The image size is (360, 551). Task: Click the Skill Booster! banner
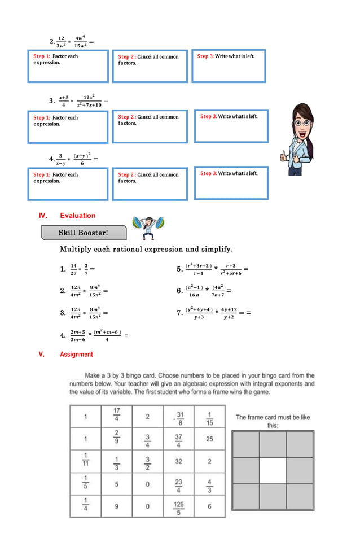click(x=84, y=233)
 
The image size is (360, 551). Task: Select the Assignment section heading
click(x=76, y=355)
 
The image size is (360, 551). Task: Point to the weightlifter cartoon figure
click(x=148, y=229)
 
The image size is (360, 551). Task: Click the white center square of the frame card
click(x=273, y=470)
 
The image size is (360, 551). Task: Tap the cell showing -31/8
click(x=178, y=417)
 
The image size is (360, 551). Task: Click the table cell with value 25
click(x=209, y=439)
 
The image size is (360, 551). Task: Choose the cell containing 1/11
click(x=85, y=461)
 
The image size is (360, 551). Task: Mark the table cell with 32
click(x=178, y=461)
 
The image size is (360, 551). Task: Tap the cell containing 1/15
click(x=209, y=417)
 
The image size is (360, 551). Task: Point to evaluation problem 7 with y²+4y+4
click(x=211, y=313)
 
